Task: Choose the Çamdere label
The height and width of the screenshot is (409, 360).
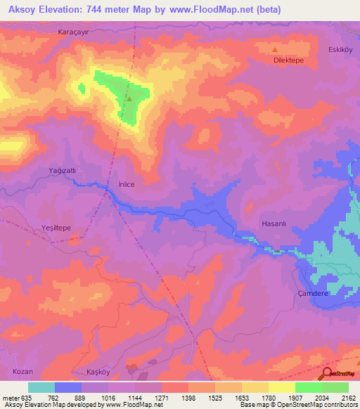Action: pyautogui.click(x=313, y=294)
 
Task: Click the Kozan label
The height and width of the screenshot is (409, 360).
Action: pyautogui.click(x=22, y=370)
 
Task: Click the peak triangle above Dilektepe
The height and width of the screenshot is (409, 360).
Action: pyautogui.click(x=275, y=50)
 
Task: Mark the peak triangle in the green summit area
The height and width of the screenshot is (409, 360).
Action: pyautogui.click(x=129, y=98)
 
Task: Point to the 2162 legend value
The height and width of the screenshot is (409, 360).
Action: pyautogui.click(x=349, y=397)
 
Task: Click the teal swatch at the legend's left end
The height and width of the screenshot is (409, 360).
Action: pyautogui.click(x=41, y=387)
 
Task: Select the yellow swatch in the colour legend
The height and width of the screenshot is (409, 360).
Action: pyautogui.click(x=282, y=387)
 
